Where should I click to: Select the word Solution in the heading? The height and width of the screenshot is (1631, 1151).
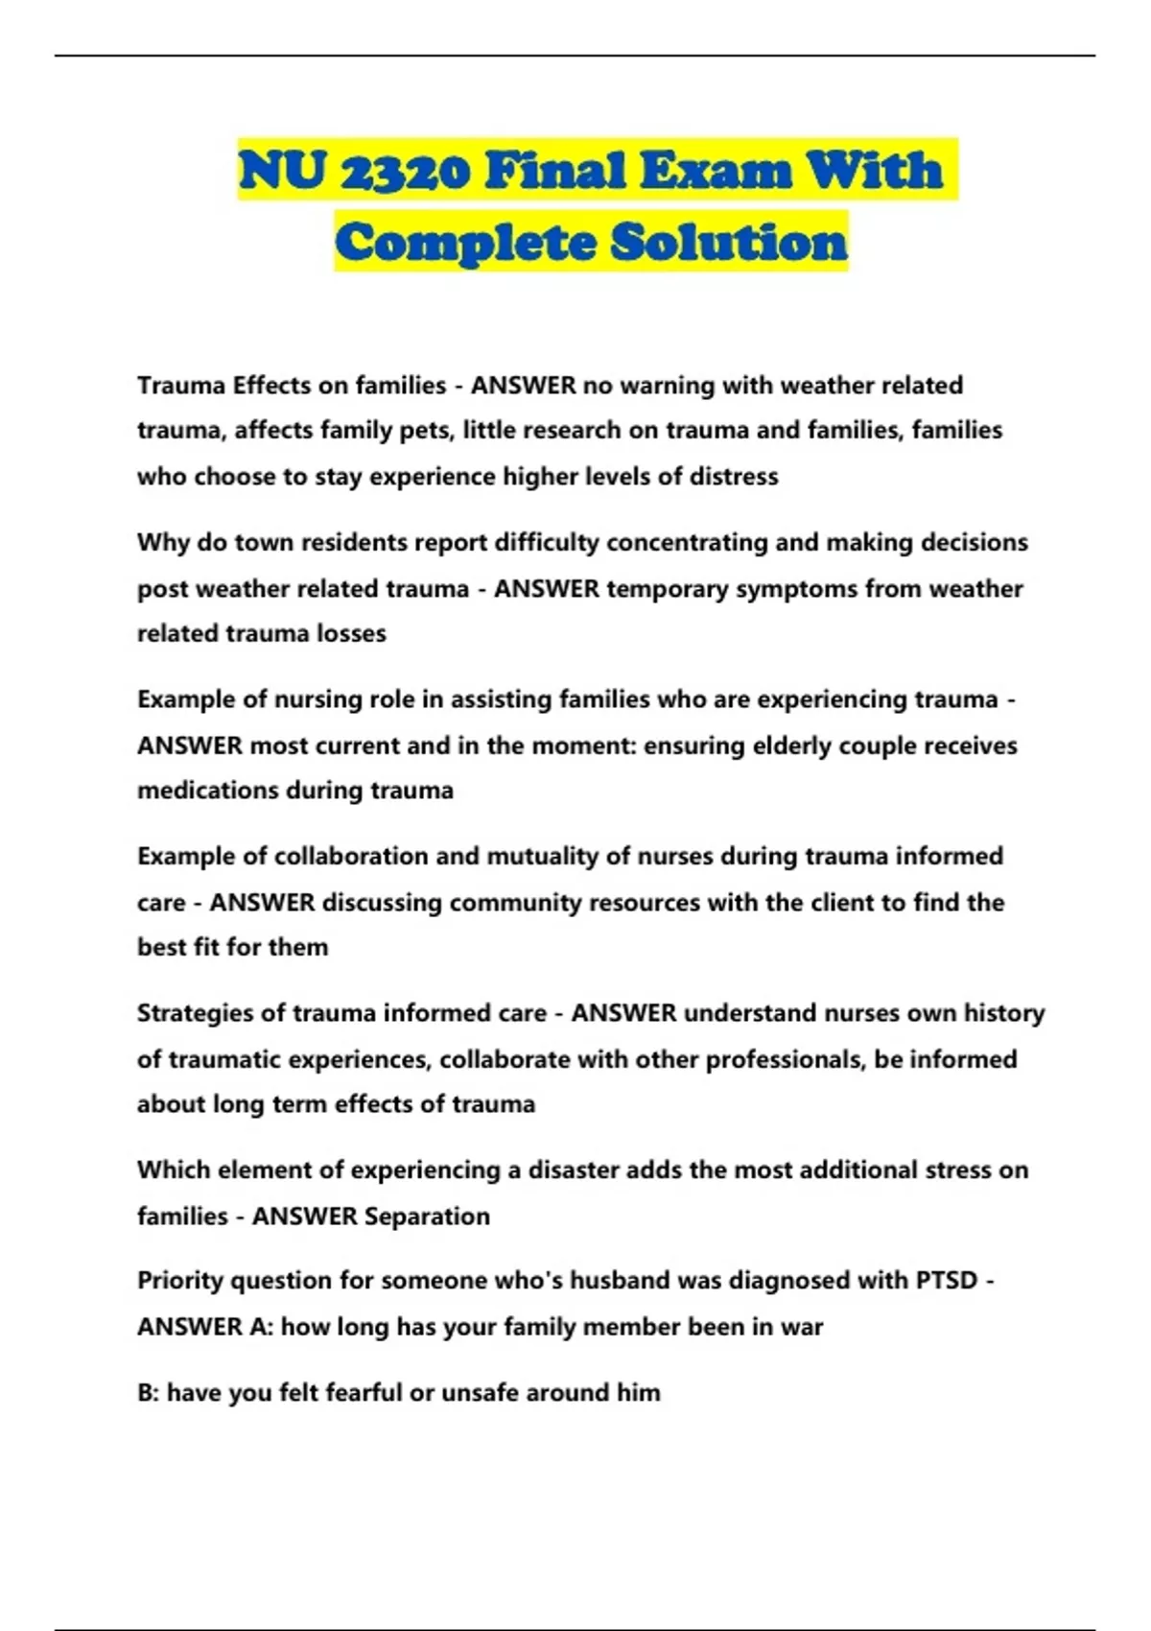[729, 242]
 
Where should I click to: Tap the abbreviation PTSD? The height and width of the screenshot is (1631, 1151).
[946, 1281]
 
